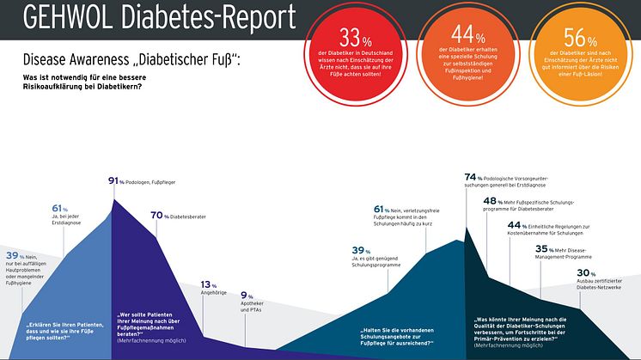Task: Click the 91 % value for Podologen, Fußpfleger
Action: [113, 181]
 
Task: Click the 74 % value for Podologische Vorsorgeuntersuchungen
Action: [470, 176]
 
